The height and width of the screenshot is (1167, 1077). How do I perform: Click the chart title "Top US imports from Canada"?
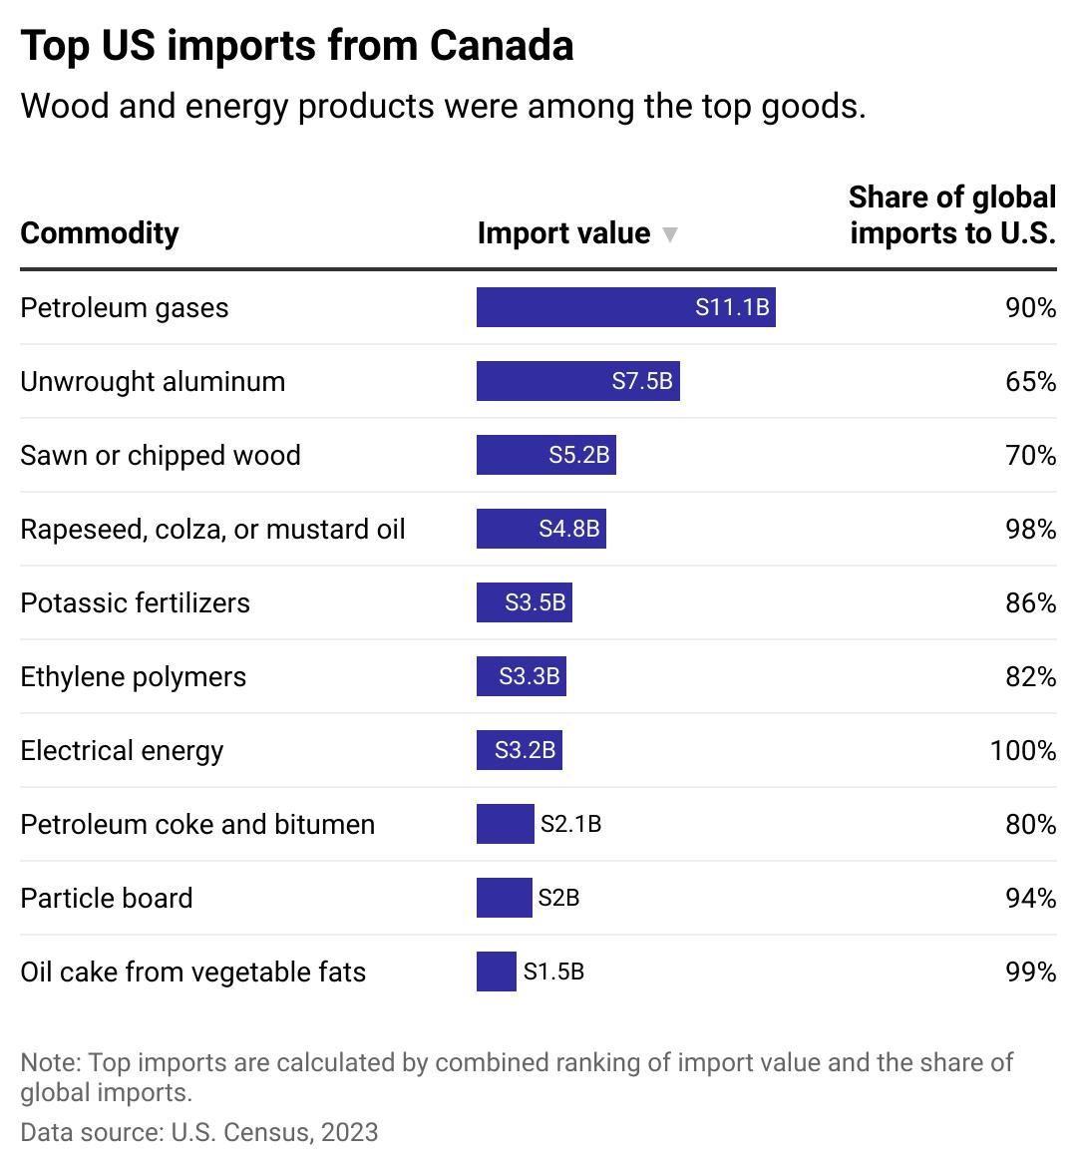click(296, 46)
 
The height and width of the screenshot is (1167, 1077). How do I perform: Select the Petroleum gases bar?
click(625, 307)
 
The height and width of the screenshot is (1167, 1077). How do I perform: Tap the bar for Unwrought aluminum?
click(577, 381)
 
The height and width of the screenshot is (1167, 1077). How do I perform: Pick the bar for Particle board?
click(504, 898)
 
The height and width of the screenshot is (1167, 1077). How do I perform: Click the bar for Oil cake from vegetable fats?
click(496, 972)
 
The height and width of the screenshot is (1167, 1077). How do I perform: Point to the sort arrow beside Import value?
click(670, 234)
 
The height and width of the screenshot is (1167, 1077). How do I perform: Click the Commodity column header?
click(100, 233)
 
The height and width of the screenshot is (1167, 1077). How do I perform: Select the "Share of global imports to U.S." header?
click(951, 214)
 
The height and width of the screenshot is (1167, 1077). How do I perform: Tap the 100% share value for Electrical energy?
click(1022, 750)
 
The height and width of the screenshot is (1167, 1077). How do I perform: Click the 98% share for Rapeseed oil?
click(1030, 529)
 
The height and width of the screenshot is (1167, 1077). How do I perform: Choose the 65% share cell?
click(1030, 381)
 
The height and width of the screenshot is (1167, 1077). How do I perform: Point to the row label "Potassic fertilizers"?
click(135, 602)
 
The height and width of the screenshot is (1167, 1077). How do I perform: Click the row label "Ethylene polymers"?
click(133, 676)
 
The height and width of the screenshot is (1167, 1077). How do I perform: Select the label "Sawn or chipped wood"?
click(160, 455)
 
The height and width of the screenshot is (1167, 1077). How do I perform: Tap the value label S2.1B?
click(570, 824)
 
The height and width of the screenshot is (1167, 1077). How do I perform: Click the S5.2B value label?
click(578, 455)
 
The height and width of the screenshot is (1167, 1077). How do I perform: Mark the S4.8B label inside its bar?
click(568, 529)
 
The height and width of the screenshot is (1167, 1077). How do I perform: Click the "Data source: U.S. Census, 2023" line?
click(198, 1132)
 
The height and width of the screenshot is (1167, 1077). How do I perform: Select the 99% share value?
click(1030, 972)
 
